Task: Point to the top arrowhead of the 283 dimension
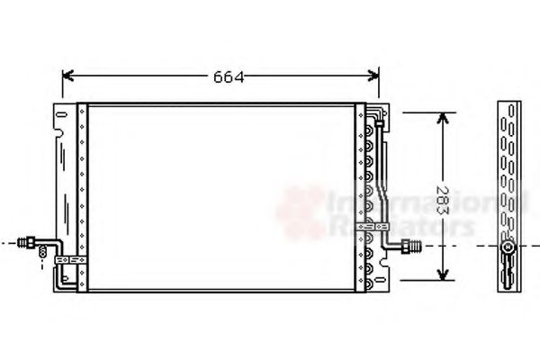(x=442, y=119)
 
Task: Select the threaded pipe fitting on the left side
(x=33, y=241)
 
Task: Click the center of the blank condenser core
(x=220, y=196)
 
